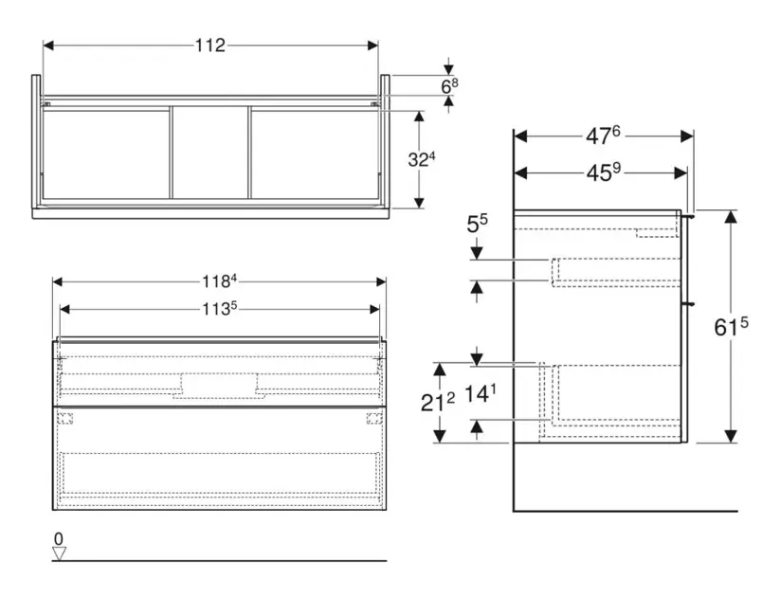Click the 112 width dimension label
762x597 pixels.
tap(210, 45)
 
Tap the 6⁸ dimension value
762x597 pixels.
tap(449, 86)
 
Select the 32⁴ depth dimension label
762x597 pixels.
tap(422, 159)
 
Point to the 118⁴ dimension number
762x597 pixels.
tap(219, 281)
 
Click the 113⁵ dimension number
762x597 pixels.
tap(219, 309)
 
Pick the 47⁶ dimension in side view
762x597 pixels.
tap(603, 136)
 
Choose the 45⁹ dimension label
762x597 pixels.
tap(603, 172)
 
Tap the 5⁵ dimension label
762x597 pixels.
tap(477, 224)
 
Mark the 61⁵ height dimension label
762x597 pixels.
tap(731, 327)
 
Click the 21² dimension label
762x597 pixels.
tap(437, 403)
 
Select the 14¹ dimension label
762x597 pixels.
tap(481, 393)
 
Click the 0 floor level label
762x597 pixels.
tap(59, 538)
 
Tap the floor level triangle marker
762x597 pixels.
tap(60, 553)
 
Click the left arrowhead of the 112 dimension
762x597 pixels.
tap(48, 45)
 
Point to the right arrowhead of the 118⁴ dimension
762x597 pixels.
tap(381, 281)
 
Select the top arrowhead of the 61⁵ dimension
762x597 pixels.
tap(731, 217)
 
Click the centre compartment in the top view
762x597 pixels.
tap(210, 153)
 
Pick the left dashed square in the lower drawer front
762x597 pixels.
tap(64, 418)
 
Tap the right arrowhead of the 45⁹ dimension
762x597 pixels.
tap(680, 172)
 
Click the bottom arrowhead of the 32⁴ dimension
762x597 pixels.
tap(420, 203)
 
